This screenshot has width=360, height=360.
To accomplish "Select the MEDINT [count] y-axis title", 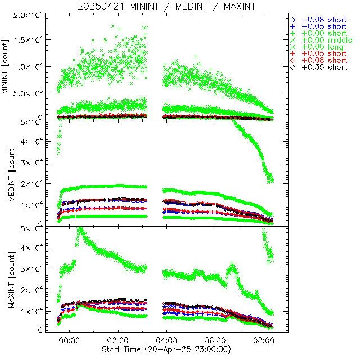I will click(6, 173).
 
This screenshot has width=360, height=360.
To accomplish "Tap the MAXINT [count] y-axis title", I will click(6, 280).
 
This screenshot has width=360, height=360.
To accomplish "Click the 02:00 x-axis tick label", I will click(119, 341).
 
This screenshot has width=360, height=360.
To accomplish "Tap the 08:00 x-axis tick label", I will click(264, 341).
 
